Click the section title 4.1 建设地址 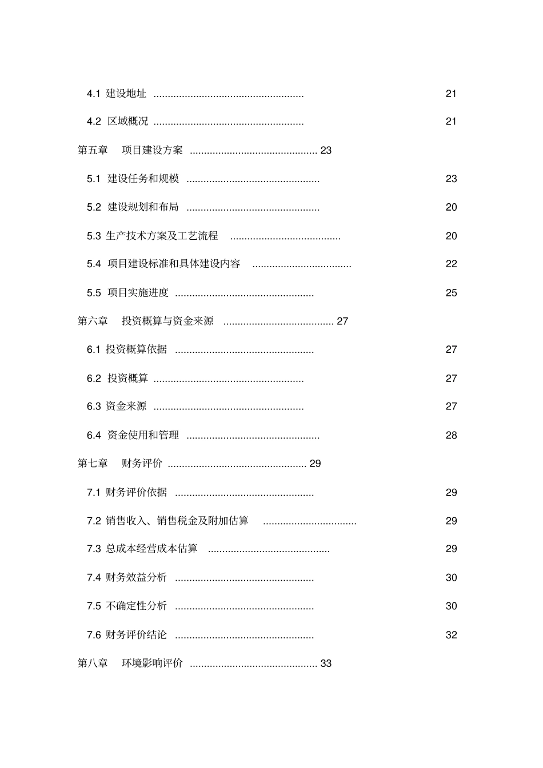(117, 94)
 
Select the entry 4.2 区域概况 (118, 122)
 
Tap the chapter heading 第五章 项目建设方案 (130, 150)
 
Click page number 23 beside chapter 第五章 (326, 151)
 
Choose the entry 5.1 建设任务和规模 (133, 179)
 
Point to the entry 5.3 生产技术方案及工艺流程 (153, 236)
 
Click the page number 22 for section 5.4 (451, 264)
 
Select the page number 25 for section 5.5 (451, 293)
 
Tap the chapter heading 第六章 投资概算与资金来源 (145, 321)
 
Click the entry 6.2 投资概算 (118, 378)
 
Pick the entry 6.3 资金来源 (117, 407)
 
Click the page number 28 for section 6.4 (451, 436)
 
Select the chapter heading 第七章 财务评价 (120, 464)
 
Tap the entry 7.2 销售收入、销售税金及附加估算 (168, 521)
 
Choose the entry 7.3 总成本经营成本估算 (142, 549)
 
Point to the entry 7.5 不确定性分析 (127, 606)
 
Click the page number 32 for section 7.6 (451, 635)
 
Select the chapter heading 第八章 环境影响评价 (130, 664)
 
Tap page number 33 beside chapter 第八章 (326, 664)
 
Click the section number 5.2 (94, 207)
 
